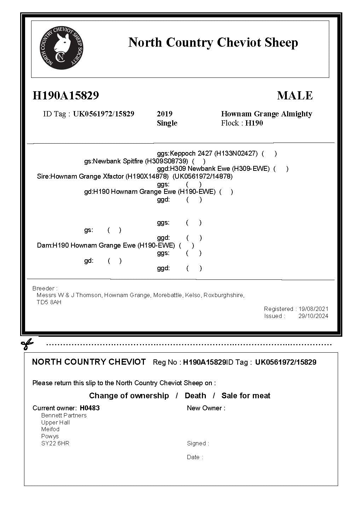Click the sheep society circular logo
click(62, 48)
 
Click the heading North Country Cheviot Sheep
click(213, 42)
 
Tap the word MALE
click(295, 96)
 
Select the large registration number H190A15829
click(66, 96)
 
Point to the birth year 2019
click(164, 114)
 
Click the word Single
click(167, 123)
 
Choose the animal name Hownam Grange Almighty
click(266, 114)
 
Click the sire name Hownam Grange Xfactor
click(87, 176)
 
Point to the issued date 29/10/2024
click(313, 316)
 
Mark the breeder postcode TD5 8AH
click(49, 302)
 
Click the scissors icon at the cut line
click(27, 343)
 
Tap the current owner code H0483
click(90, 408)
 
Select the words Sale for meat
click(246, 395)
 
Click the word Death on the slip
click(195, 395)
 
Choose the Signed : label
click(198, 443)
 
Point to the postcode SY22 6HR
click(55, 443)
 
